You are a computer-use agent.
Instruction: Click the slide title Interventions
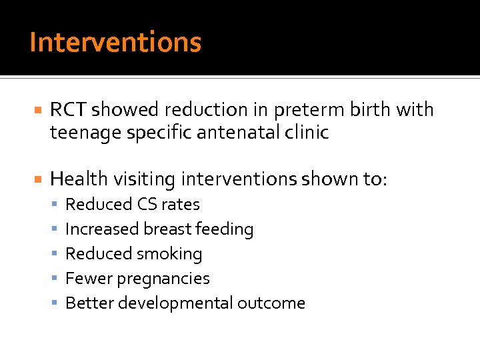[x=115, y=42]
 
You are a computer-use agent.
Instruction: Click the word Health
[x=79, y=179]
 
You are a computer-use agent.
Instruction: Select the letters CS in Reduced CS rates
[x=146, y=204]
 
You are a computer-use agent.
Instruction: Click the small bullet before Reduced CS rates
[x=56, y=204]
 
